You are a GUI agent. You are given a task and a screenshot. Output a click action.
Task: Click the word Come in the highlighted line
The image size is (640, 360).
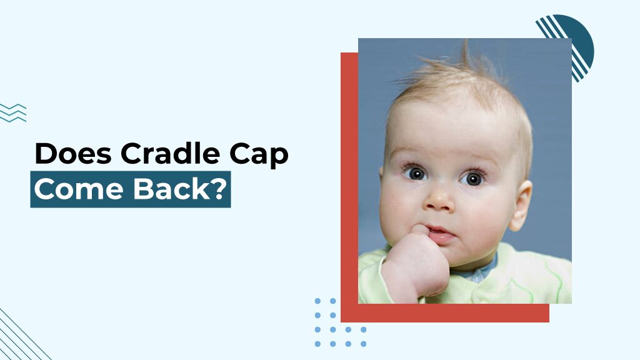click(x=71, y=189)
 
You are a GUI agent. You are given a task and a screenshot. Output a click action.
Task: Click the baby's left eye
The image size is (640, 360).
click(x=473, y=178)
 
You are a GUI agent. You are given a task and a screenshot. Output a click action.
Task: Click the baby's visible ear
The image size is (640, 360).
click(x=520, y=205)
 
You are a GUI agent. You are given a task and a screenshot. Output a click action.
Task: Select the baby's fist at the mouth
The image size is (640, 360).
click(x=412, y=259)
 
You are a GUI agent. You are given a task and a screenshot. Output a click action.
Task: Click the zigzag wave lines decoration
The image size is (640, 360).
click(x=12, y=112)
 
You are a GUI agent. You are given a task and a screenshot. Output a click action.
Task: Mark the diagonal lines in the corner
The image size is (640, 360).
click(x=19, y=337)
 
